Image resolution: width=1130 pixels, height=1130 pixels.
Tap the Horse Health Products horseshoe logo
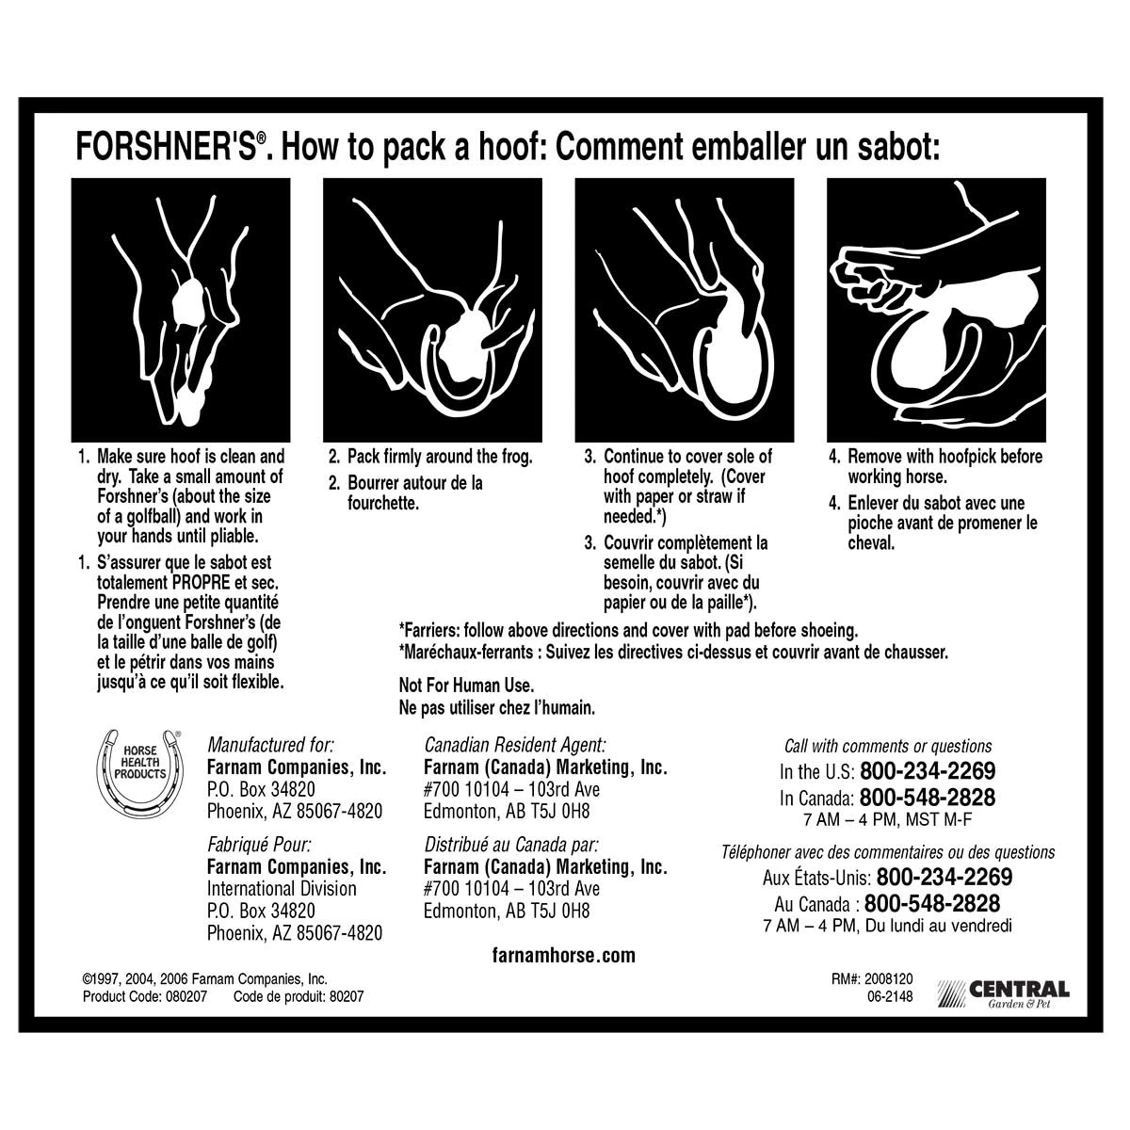pyautogui.click(x=139, y=768)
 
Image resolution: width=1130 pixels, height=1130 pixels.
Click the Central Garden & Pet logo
pyautogui.click(x=1004, y=994)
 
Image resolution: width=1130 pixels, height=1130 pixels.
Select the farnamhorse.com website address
pyautogui.click(x=564, y=956)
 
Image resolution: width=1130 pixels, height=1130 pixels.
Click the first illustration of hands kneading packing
pyautogui.click(x=181, y=309)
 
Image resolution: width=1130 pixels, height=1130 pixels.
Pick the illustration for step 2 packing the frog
pyautogui.click(x=432, y=309)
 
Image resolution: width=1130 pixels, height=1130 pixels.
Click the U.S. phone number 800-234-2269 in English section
pyautogui.click(x=928, y=771)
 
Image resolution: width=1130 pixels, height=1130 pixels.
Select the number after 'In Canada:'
pyautogui.click(x=928, y=798)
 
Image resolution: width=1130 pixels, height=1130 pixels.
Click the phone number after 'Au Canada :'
pyautogui.click(x=932, y=904)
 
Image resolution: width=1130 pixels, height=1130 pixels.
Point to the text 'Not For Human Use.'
pyautogui.click(x=467, y=686)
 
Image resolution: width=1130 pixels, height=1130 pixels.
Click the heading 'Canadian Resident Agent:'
pyautogui.click(x=515, y=744)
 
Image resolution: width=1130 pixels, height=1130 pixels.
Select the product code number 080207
pyautogui.click(x=184, y=996)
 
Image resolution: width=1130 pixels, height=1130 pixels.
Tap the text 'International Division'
pyautogui.click(x=282, y=889)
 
